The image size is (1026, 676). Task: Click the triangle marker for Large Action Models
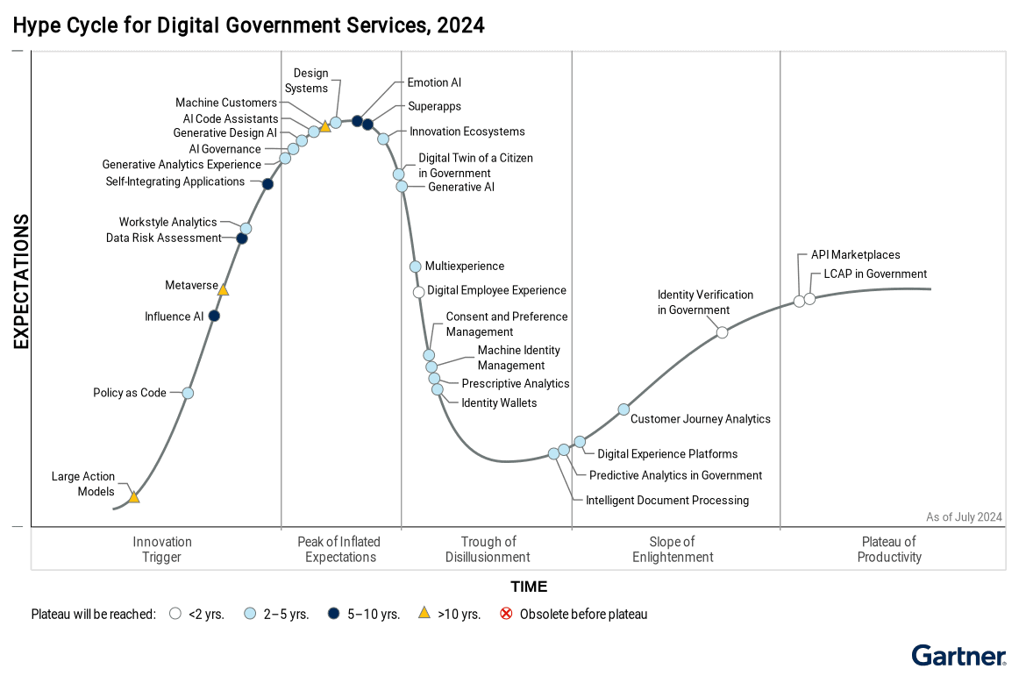[x=134, y=497]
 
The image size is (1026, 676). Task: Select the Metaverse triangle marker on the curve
[x=223, y=289]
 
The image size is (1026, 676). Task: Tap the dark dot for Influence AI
[x=214, y=316]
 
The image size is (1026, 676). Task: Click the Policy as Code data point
[x=188, y=393]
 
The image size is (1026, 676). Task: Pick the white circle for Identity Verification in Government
[x=722, y=332]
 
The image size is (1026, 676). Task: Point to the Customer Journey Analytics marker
[x=623, y=409]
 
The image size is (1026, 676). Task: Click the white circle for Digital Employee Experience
[x=419, y=292]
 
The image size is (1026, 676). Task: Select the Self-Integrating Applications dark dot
[x=267, y=183]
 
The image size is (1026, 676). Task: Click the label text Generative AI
[x=460, y=187]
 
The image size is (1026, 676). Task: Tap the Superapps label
[x=434, y=106]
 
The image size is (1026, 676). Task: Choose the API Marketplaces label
[x=855, y=255]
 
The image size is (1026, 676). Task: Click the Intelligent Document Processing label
[x=667, y=500]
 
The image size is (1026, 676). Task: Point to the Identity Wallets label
[x=499, y=402]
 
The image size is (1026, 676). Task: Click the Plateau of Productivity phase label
[x=889, y=549]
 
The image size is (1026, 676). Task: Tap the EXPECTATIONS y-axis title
[x=21, y=281]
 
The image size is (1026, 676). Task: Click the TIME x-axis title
[x=529, y=587]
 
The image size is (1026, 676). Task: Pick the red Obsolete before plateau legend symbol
[x=506, y=614]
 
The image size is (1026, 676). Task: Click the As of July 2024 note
[x=964, y=517]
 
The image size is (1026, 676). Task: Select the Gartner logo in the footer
[x=958, y=656]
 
